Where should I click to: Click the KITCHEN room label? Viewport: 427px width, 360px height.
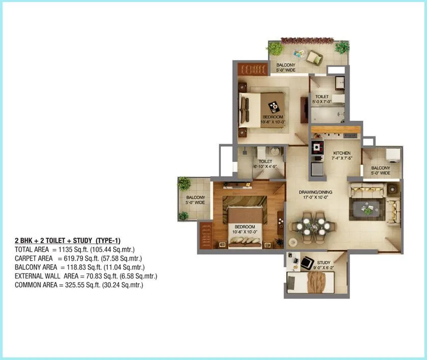pyautogui.click(x=341, y=153)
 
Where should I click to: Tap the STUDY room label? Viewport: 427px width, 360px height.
pyautogui.click(x=324, y=263)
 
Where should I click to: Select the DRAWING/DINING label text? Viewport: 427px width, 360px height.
pyautogui.click(x=316, y=192)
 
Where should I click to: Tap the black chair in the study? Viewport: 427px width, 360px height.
pyautogui.click(x=307, y=263)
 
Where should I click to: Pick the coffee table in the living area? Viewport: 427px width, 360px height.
pyautogui.click(x=366, y=208)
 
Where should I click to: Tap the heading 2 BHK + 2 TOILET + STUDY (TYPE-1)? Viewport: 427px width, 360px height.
pyautogui.click(x=68, y=240)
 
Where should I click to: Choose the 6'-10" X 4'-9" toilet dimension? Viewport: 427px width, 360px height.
pyautogui.click(x=265, y=167)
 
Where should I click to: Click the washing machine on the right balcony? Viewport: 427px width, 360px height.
pyautogui.click(x=392, y=154)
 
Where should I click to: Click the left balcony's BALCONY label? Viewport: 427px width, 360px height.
pyautogui.click(x=195, y=197)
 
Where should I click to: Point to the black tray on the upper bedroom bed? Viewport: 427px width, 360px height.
pyautogui.click(x=274, y=106)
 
